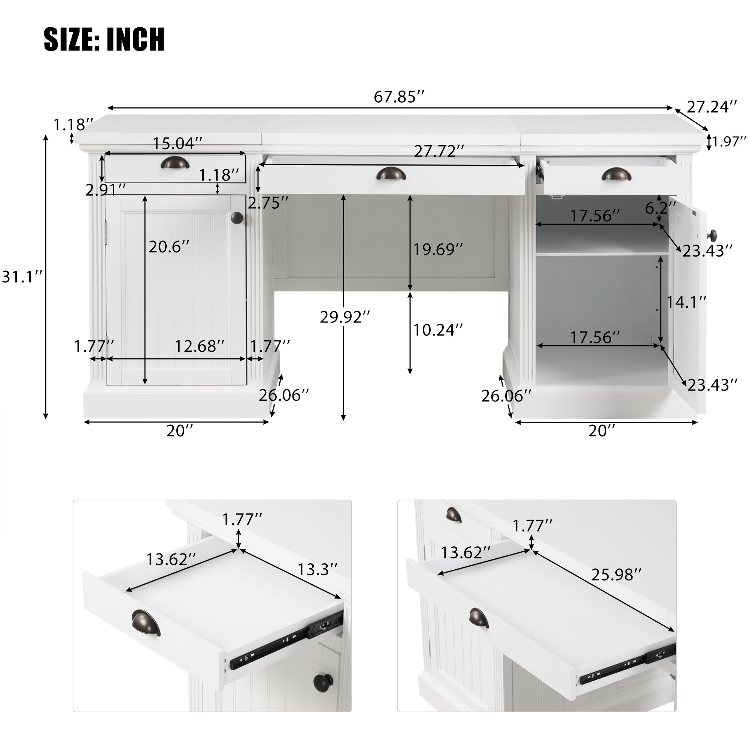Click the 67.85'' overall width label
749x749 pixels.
(399, 97)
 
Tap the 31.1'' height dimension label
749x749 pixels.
(22, 277)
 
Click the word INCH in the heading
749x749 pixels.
(135, 39)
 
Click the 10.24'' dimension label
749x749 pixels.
(438, 330)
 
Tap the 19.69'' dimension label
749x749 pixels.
(438, 249)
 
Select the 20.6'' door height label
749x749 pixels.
(169, 246)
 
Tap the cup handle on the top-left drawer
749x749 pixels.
(175, 163)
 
